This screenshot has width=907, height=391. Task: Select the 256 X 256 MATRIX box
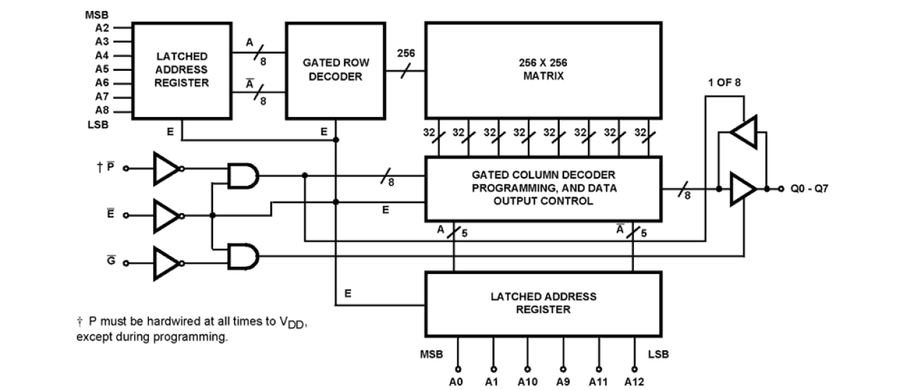coord(543,70)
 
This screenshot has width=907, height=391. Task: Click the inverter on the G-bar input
coord(166,262)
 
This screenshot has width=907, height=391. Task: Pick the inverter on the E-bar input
coord(166,215)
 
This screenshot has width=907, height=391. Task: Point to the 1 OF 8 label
coord(724,82)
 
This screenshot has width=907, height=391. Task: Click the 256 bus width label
coord(406,54)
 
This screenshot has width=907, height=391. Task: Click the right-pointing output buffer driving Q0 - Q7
coord(742,189)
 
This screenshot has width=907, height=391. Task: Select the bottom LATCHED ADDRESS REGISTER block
coord(543,303)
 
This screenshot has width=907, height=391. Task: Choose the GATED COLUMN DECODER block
coord(543,188)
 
